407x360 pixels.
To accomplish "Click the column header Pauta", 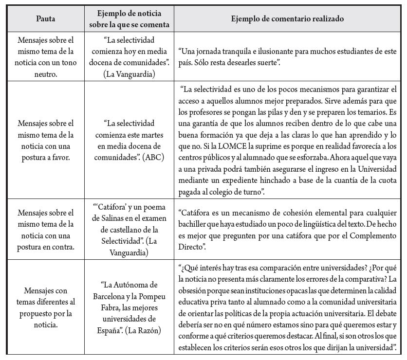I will point(46,19).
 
